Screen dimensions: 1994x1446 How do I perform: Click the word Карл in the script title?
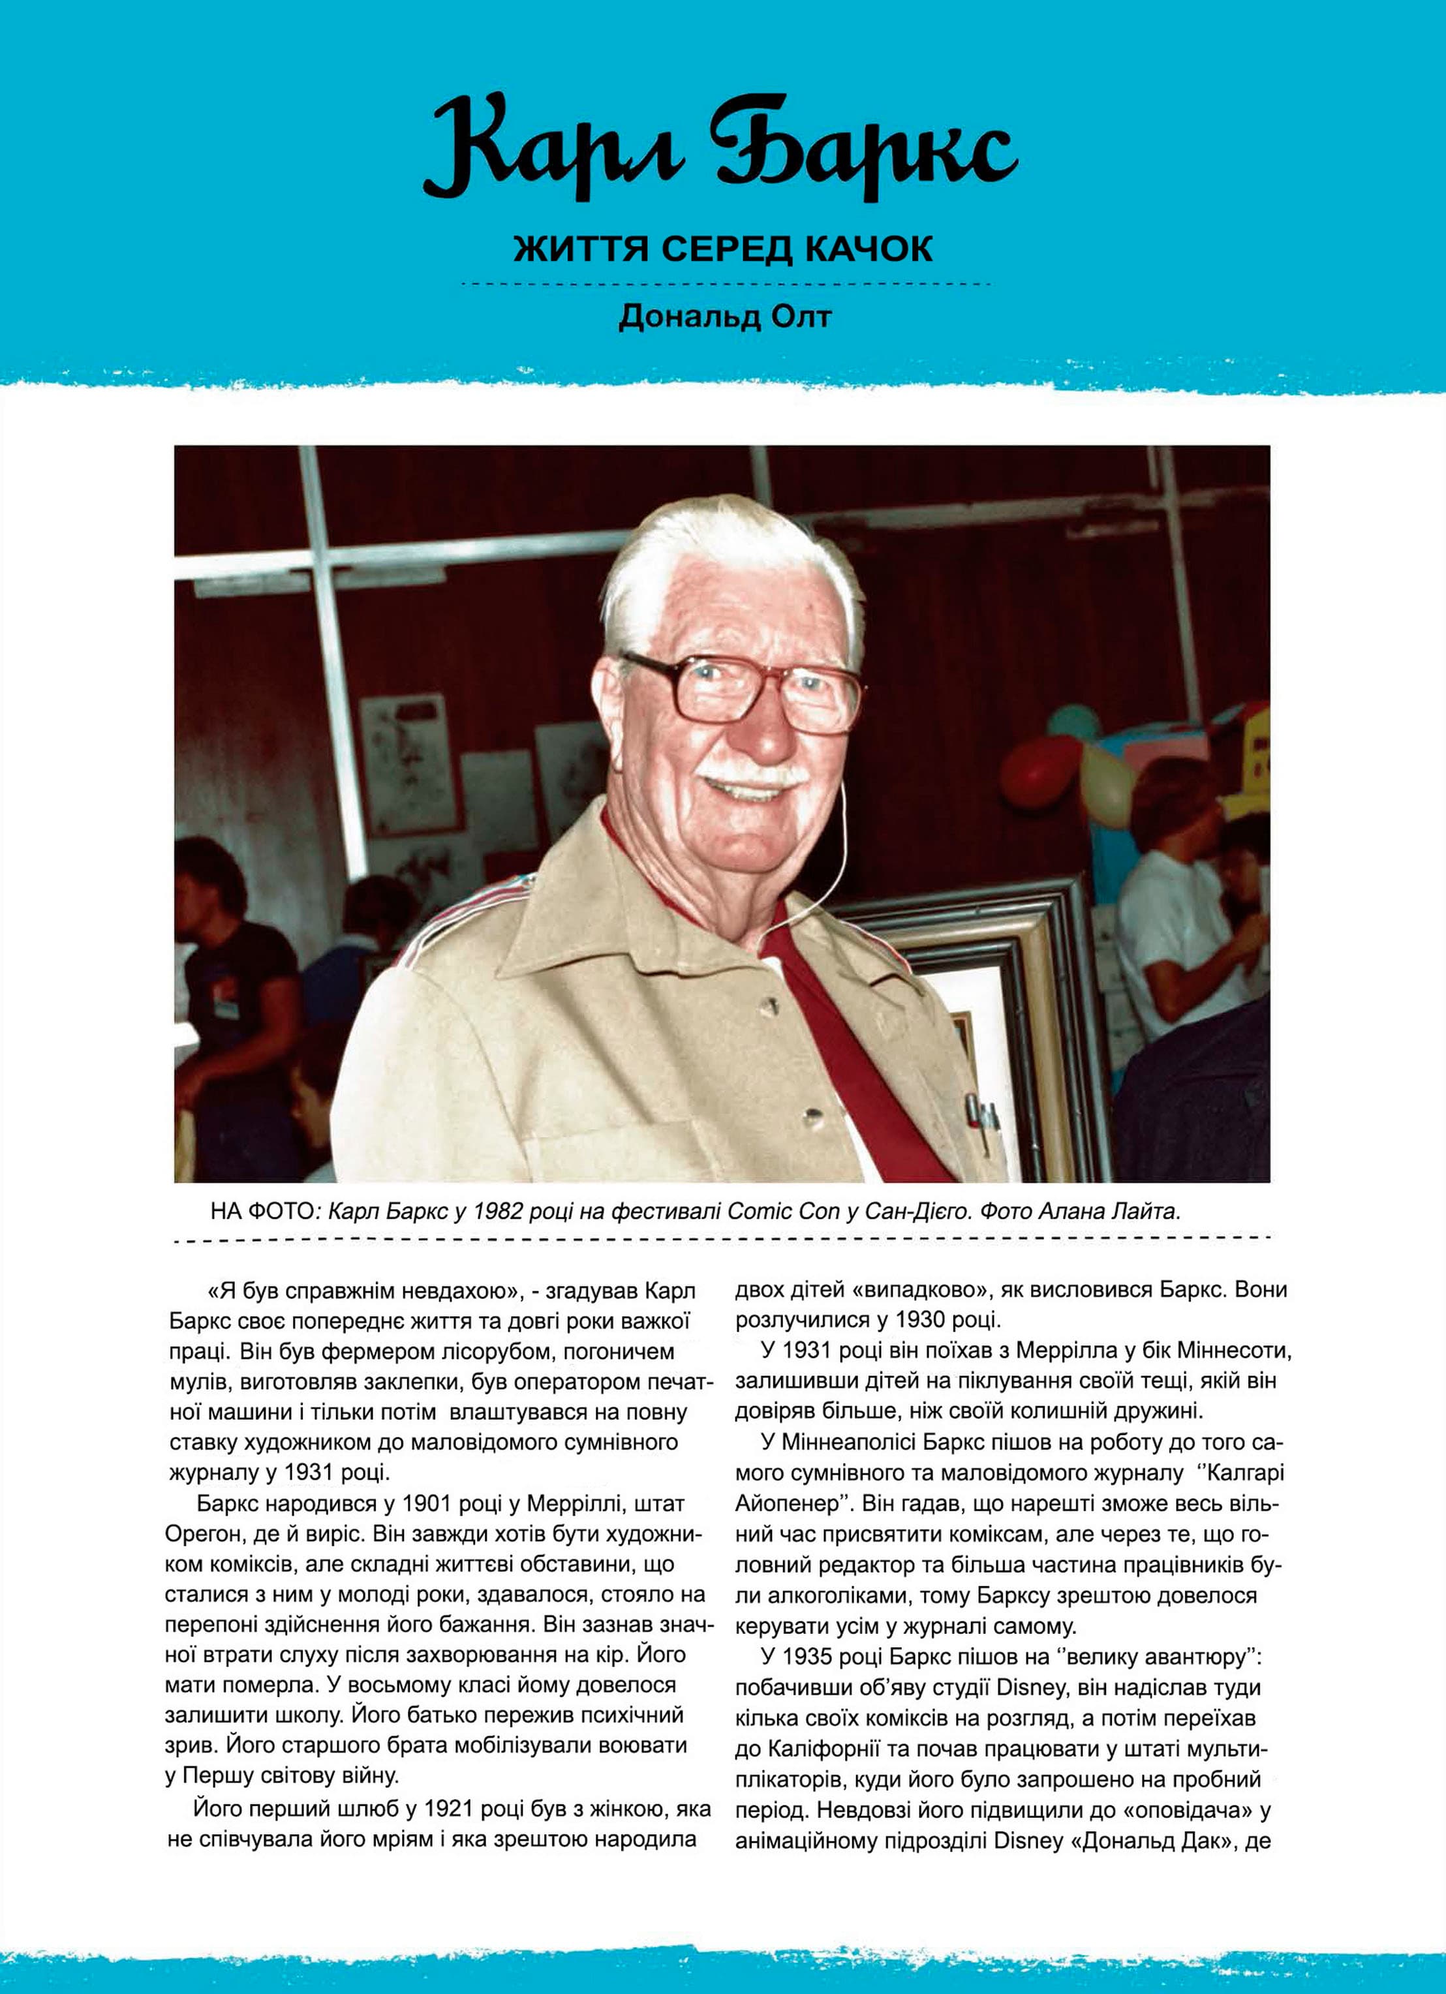(x=555, y=149)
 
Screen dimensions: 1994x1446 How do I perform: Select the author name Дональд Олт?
(x=724, y=316)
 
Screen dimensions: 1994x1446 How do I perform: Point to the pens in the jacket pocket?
(x=983, y=1115)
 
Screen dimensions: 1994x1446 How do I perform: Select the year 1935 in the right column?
(x=812, y=1657)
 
